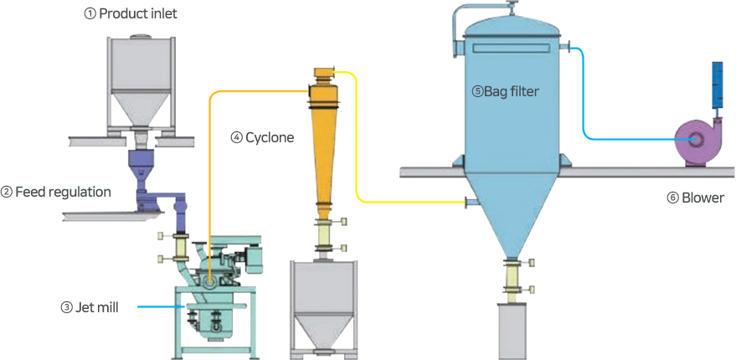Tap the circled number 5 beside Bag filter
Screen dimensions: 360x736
coord(477,92)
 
